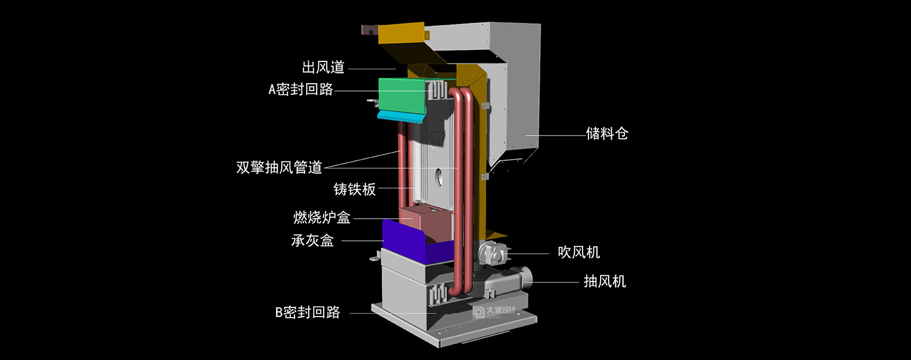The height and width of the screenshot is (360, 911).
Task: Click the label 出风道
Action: coord(323,67)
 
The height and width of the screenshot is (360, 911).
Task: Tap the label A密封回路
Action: coord(301,89)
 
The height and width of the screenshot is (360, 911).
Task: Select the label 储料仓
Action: coord(607,133)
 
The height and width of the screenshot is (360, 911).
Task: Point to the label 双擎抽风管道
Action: coord(279,167)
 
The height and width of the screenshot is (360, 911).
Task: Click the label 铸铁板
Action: coord(355,189)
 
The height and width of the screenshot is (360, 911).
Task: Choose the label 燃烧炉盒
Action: coord(322,217)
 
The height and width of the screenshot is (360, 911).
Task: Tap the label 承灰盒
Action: coord(312,240)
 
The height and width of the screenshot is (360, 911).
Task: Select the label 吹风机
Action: coord(579,252)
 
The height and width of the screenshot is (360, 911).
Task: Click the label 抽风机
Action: coord(605,281)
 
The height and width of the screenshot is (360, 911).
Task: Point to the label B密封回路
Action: coord(308,312)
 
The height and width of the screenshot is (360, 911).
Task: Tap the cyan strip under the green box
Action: coord(400,116)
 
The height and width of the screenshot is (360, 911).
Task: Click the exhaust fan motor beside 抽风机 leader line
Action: coord(508,282)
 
